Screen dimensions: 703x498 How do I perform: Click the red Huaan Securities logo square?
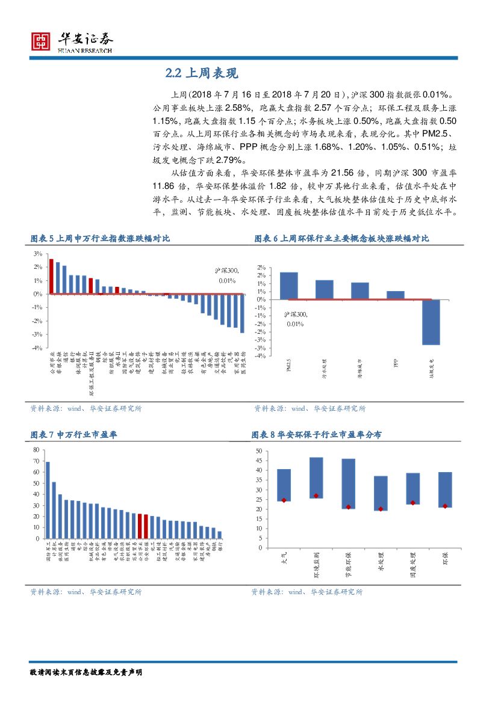coord(41,40)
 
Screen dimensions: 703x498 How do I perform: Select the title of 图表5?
coord(100,239)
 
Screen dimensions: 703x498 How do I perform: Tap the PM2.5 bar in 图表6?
coord(288,285)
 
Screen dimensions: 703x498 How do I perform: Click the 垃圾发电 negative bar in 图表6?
coord(431,322)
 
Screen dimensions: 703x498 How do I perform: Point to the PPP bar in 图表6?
coord(396,295)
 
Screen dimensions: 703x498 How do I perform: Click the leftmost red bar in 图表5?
coord(51,277)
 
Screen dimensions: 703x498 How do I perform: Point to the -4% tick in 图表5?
coord(37,348)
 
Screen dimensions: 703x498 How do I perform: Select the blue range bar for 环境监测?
coord(316,477)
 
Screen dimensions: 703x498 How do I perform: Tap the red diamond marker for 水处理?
coord(381,509)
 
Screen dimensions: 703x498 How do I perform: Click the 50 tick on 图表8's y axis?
coord(259,451)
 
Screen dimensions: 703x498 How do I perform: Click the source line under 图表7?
coord(86,592)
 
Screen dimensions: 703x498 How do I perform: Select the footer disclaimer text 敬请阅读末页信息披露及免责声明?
coord(86,672)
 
